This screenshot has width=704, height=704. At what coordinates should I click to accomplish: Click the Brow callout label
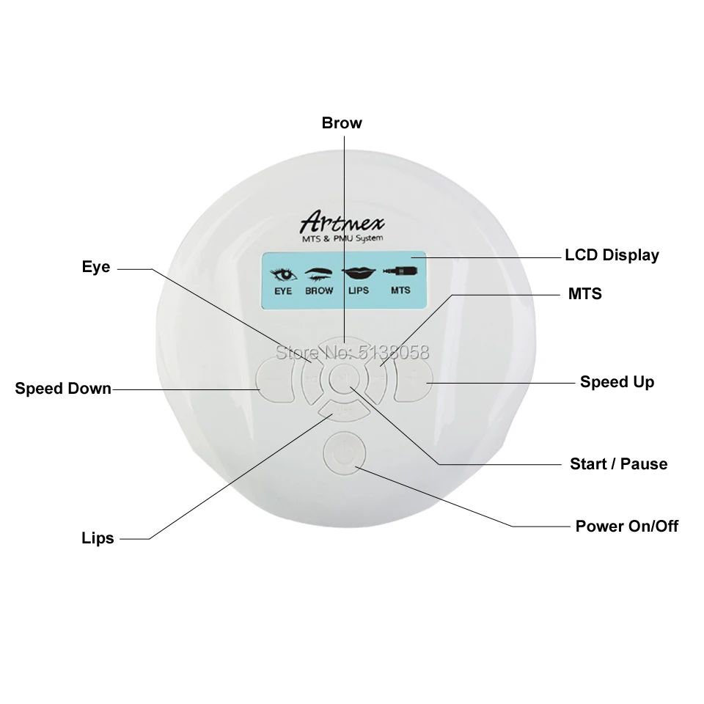342,122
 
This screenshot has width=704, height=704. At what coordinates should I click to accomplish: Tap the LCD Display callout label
612,255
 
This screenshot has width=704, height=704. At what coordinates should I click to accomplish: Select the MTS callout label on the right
584,293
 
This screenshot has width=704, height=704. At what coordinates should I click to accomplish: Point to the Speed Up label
617,381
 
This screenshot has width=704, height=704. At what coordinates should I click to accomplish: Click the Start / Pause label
618,463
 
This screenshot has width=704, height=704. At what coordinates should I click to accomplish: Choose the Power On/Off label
626,526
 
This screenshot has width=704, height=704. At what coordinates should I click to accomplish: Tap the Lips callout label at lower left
98,538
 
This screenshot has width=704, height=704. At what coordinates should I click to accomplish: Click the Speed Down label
63,388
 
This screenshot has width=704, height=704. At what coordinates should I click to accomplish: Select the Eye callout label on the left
96,267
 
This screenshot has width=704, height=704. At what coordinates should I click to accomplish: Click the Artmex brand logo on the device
342,222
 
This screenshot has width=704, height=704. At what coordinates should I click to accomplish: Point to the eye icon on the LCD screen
283,276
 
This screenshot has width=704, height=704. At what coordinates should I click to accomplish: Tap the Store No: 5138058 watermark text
352,352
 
